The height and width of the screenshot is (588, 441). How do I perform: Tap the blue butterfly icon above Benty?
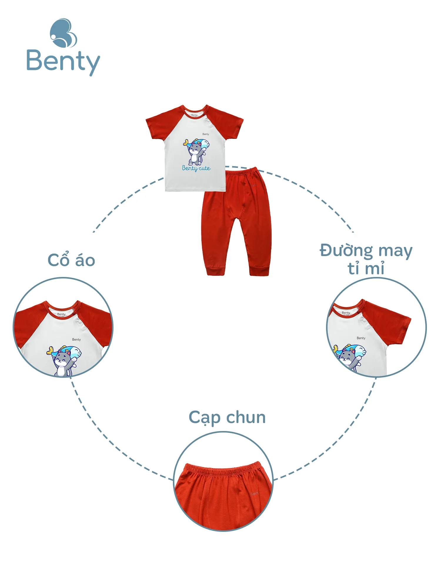(x=63, y=33)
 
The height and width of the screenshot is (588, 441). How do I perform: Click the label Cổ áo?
(x=71, y=260)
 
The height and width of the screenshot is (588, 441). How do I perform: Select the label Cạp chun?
(x=227, y=417)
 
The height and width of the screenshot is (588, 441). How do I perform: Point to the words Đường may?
(x=366, y=251)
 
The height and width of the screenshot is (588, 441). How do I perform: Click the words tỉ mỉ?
(x=366, y=268)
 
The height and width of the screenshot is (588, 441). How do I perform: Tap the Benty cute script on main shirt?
(x=196, y=168)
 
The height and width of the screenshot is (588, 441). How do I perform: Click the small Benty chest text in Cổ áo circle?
(x=76, y=340)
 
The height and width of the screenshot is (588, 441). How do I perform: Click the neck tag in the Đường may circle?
(x=346, y=313)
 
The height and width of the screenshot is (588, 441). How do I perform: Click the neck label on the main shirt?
(x=194, y=115)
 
